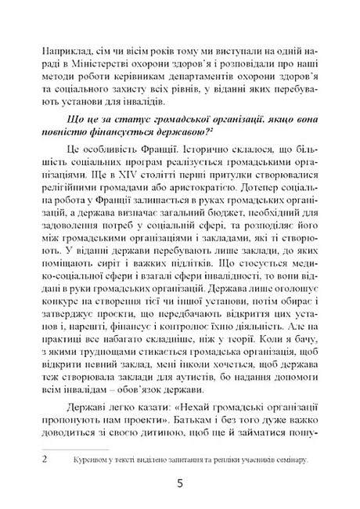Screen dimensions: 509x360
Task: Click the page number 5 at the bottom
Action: click(x=180, y=484)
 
